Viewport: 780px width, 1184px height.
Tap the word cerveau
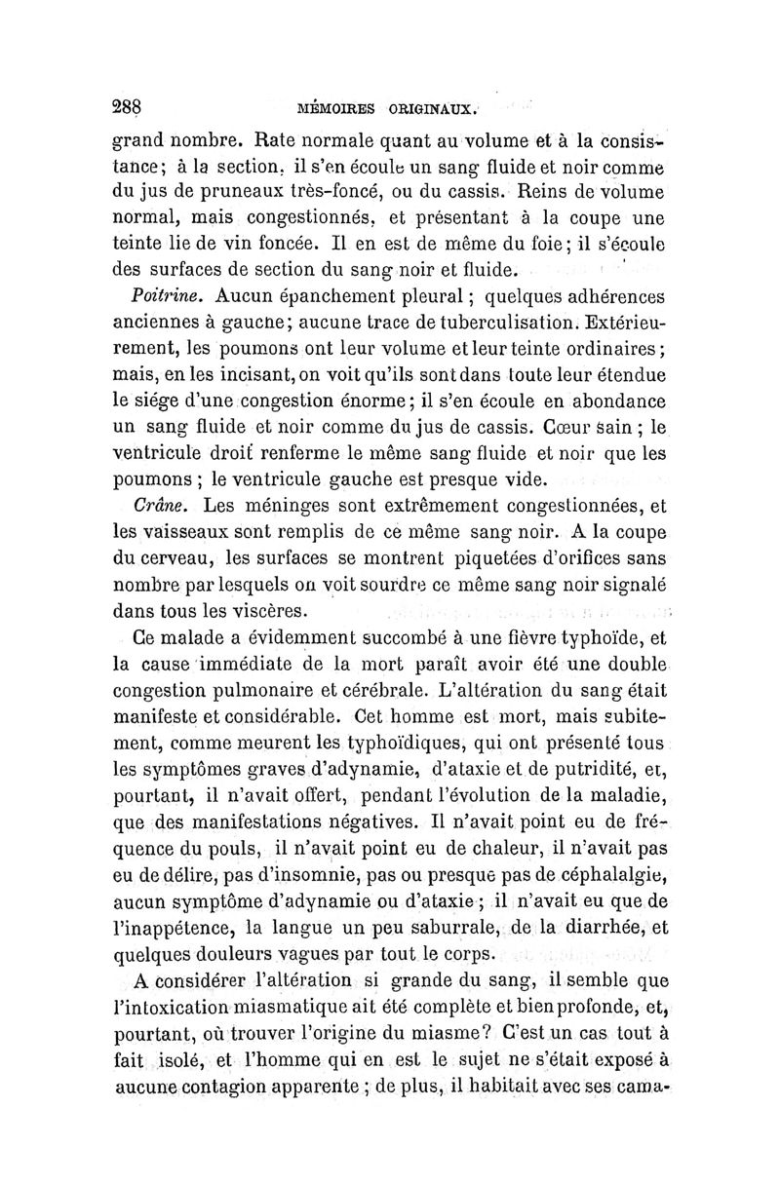point(176,559)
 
